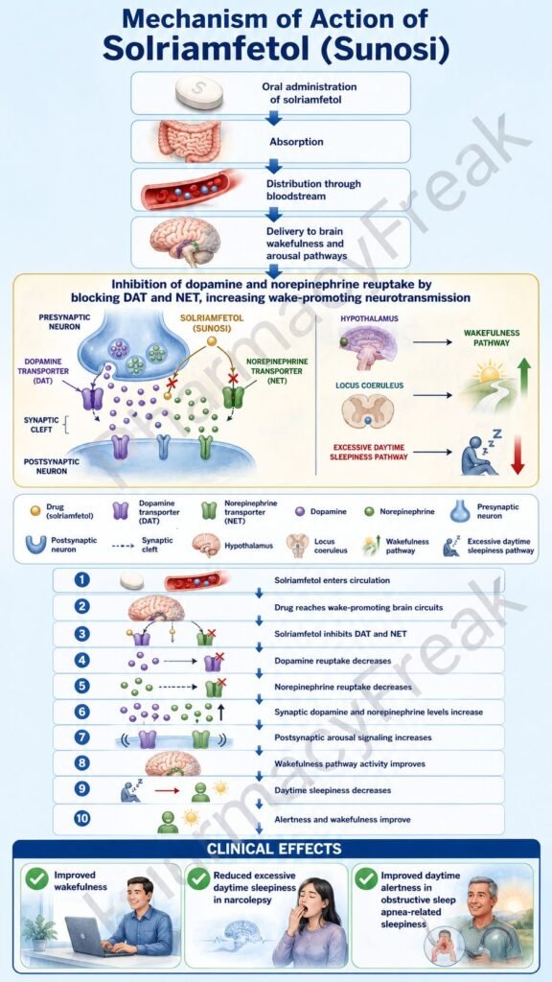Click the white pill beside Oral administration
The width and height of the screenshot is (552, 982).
pos(199,92)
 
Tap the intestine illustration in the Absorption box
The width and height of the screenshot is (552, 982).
pos(189,141)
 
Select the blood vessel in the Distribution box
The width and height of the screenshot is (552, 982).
pos(185,190)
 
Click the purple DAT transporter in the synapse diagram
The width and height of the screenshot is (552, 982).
pos(93,398)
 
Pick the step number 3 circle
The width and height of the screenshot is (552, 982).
pos(81,633)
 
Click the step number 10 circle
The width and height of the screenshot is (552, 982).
pos(82,818)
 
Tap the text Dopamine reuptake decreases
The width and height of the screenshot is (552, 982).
pos(333,660)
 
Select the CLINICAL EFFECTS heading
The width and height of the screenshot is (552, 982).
pos(274,849)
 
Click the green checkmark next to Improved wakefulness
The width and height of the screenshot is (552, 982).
pos(37,878)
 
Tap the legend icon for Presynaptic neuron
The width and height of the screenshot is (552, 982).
pos(460,511)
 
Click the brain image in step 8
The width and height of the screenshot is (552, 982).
pos(172,762)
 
